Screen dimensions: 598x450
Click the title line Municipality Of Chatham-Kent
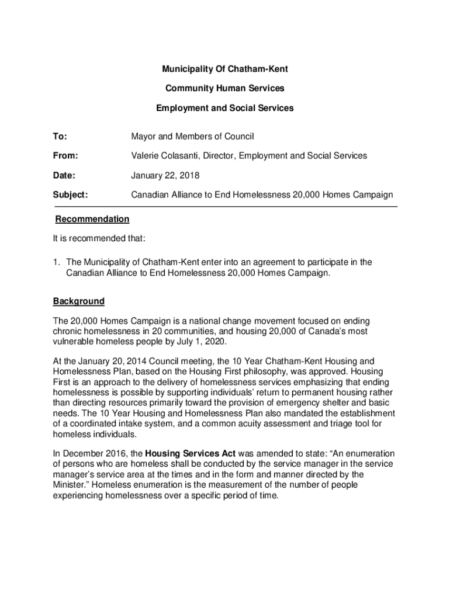pyautogui.click(x=225, y=69)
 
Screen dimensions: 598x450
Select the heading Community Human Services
pyautogui.click(x=225, y=89)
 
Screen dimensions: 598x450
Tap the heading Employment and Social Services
pyautogui.click(x=225, y=108)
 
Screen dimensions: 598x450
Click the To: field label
pyautogui.click(x=60, y=137)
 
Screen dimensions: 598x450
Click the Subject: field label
pyautogui.click(x=71, y=194)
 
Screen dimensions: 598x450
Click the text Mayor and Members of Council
pyautogui.click(x=192, y=137)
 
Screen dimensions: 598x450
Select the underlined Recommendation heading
pyautogui.click(x=92, y=220)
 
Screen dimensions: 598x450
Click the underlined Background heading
pyautogui.click(x=79, y=301)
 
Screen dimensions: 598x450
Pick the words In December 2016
pyautogui.click(x=86, y=454)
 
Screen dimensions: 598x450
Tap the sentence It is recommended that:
pyautogui.click(x=99, y=239)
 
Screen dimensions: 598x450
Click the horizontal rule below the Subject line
pyautogui.click(x=226, y=207)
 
